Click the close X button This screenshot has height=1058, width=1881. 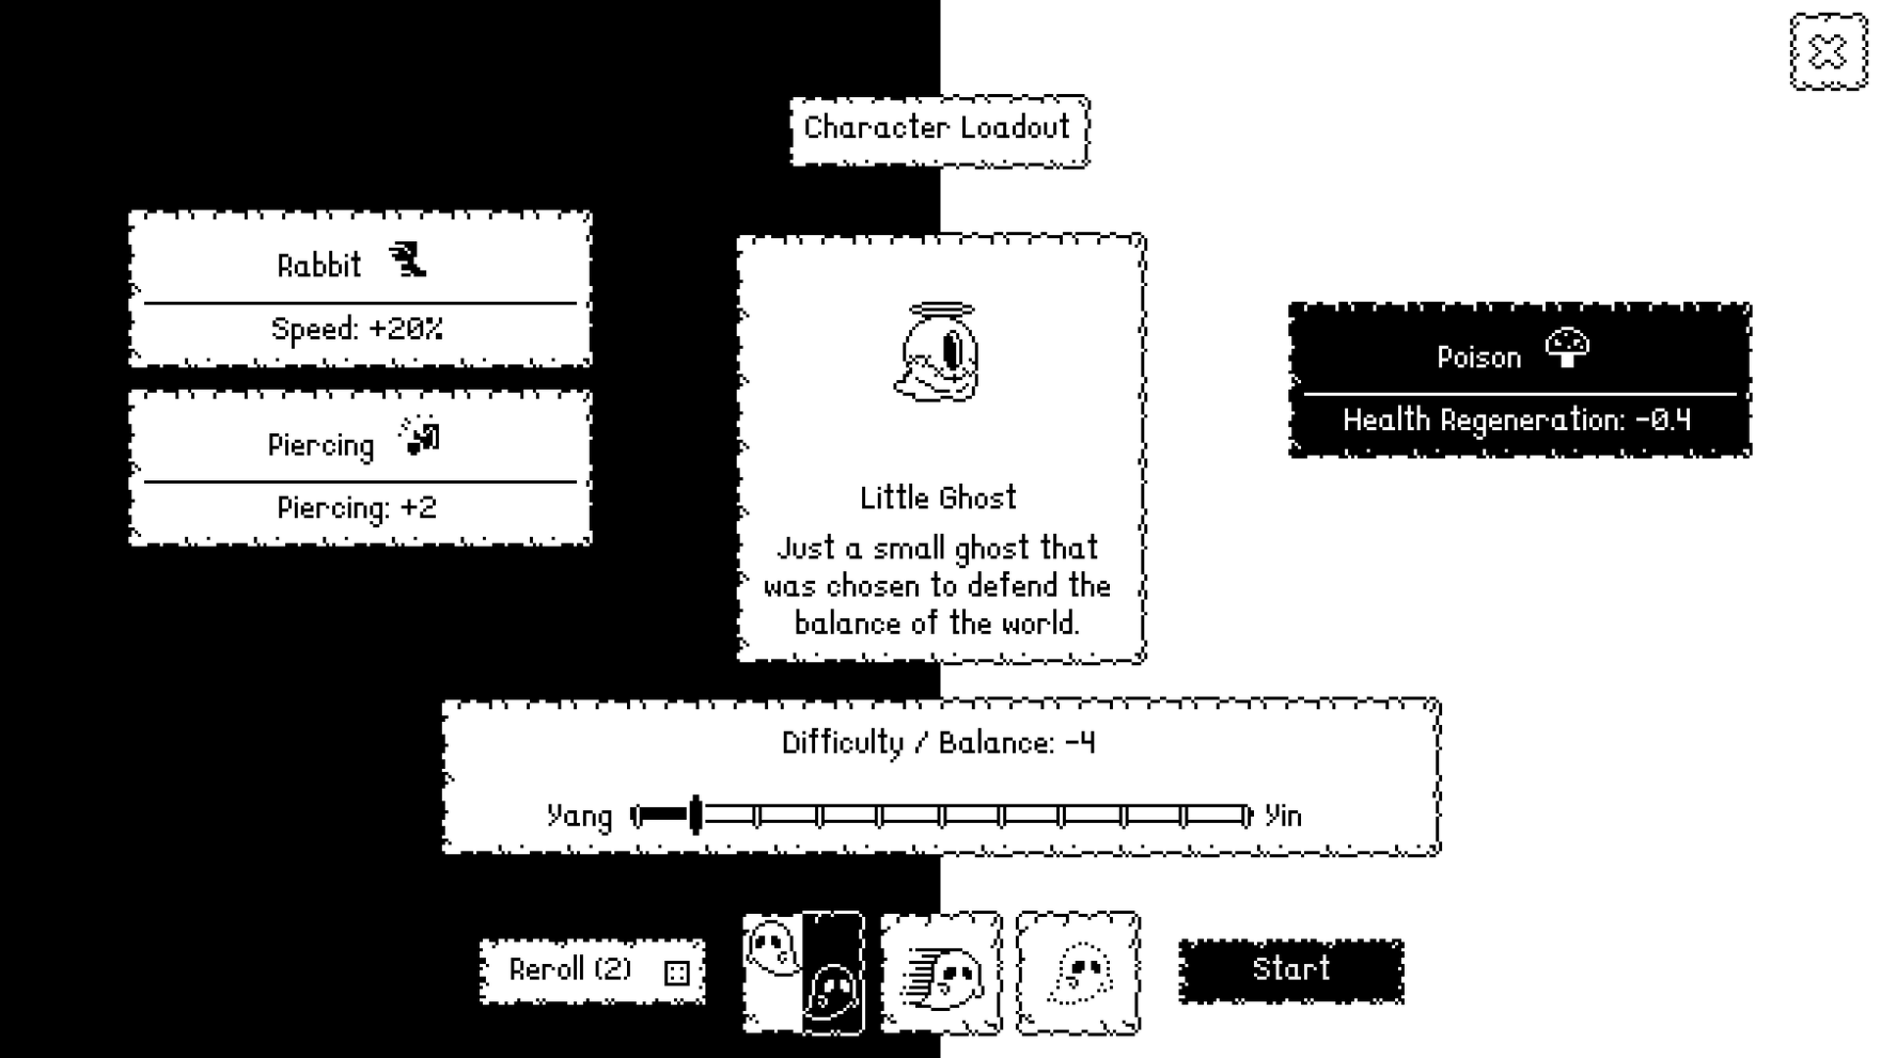click(1828, 52)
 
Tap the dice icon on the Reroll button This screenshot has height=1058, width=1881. click(676, 972)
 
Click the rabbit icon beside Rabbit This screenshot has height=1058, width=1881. click(408, 261)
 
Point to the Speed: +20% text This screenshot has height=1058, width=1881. click(358, 329)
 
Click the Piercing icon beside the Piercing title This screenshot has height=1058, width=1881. click(420, 436)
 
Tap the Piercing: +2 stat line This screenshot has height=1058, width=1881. click(358, 508)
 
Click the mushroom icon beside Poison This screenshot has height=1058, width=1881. click(1567, 347)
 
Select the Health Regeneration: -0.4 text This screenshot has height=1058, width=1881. click(1518, 420)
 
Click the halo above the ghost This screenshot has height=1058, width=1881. click(941, 312)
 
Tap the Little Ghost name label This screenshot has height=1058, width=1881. click(939, 498)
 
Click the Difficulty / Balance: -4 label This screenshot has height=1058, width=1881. click(939, 743)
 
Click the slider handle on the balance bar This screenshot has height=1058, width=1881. click(696, 815)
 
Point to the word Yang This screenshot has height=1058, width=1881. click(579, 816)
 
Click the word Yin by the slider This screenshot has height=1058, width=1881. click(1283, 816)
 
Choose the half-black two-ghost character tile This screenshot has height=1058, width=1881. click(803, 973)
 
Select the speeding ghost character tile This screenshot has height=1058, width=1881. click(940, 973)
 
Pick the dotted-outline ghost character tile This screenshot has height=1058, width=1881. click(1078, 973)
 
